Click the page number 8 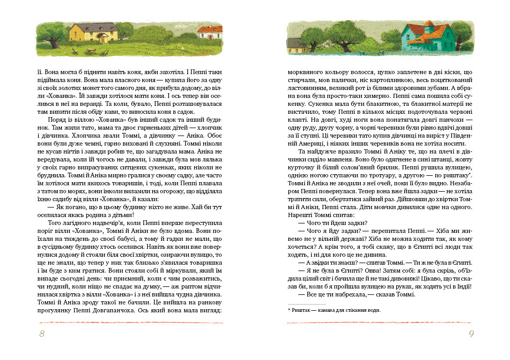click(42, 334)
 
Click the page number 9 click(470, 334)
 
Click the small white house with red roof click(210, 33)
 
